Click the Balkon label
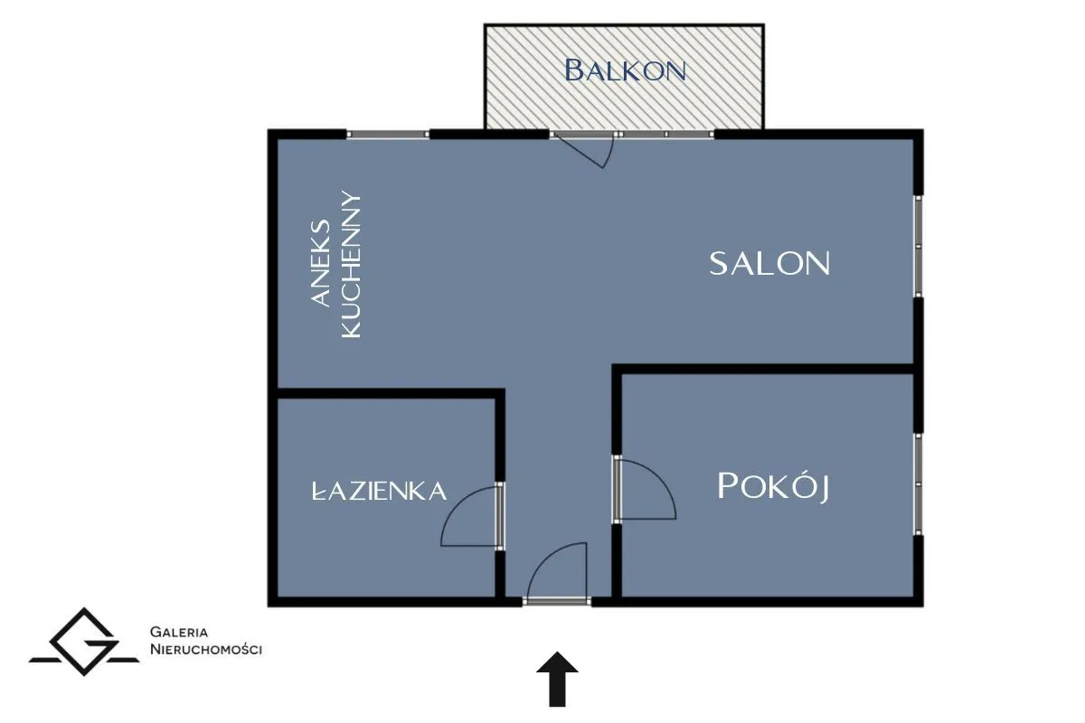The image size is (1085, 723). tap(625, 70)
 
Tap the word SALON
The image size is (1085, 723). tap(769, 263)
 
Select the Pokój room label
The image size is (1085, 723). tap(773, 486)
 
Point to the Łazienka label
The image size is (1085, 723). tap(379, 491)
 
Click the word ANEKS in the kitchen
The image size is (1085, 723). tap(320, 263)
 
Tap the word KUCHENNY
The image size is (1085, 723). tap(351, 265)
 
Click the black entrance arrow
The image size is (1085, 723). tap(557, 679)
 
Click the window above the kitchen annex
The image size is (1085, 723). tap(388, 134)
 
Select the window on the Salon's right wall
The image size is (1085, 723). tap(918, 246)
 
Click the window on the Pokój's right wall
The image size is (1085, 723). tap(918, 484)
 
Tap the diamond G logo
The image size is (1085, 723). tap(84, 641)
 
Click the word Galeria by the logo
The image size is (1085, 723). tap(179, 632)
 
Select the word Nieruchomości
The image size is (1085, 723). tap(206, 650)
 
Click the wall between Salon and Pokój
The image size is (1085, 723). tap(768, 369)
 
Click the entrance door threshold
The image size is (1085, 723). tap(557, 602)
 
